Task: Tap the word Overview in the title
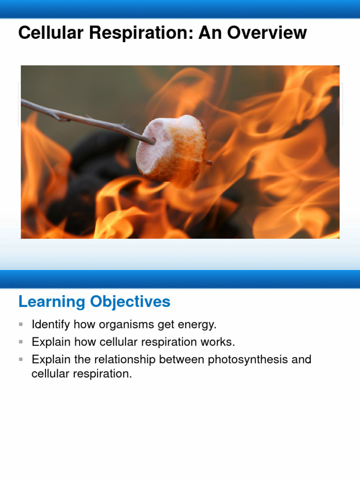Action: pos(268,33)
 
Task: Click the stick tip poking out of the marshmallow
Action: pos(209,162)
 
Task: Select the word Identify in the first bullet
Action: pos(51,324)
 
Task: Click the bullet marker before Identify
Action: pos(21,324)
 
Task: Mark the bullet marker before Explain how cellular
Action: pos(21,342)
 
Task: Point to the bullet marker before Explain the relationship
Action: pos(21,360)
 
